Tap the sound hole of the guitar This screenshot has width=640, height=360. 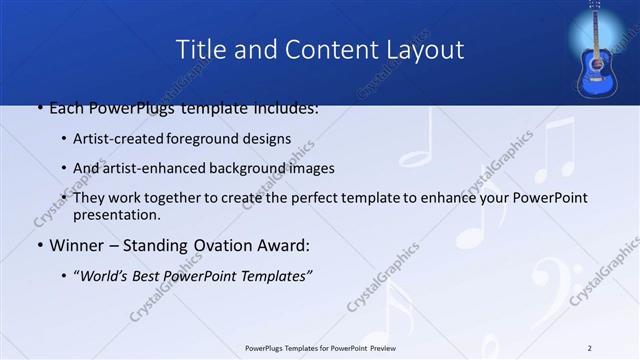click(x=597, y=62)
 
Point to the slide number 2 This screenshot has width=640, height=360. click(x=589, y=347)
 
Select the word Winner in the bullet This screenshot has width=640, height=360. click(x=74, y=245)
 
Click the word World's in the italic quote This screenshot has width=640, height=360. click(x=109, y=276)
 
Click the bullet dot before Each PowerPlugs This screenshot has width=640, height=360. click(x=39, y=108)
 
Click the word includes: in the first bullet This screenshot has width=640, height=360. click(x=286, y=107)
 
